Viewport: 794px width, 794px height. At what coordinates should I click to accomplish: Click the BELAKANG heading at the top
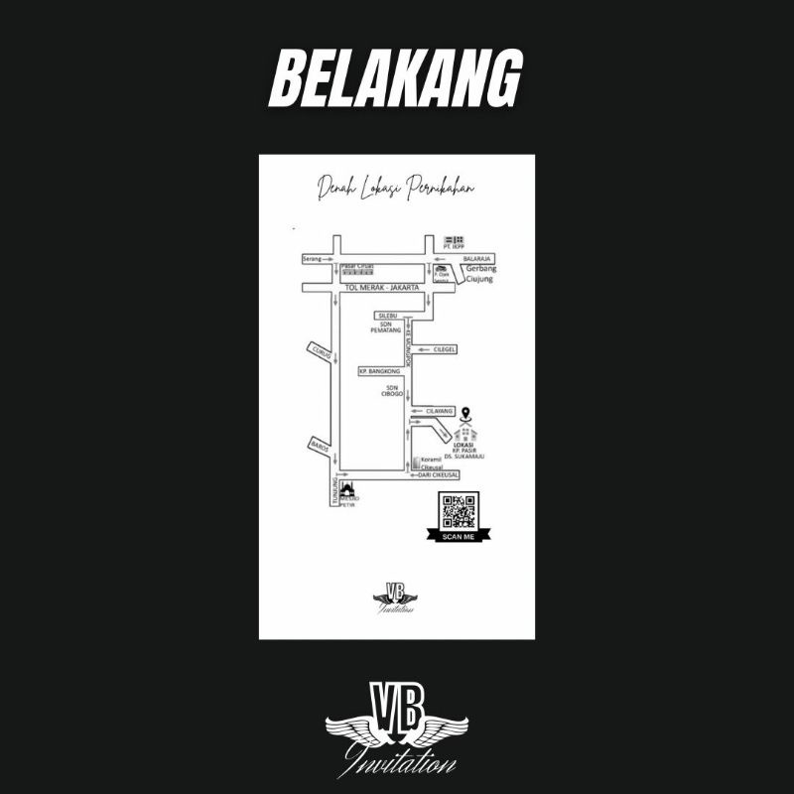(396, 79)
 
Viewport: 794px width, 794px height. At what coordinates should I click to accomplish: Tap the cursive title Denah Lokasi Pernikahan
(396, 189)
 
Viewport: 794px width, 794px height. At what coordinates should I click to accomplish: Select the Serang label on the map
(314, 259)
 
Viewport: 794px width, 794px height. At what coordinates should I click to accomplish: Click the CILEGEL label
(444, 348)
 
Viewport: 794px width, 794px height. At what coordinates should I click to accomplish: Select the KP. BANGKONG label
(378, 370)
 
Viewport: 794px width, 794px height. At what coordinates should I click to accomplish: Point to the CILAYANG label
(439, 410)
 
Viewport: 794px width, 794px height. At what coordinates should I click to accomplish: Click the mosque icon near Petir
(348, 489)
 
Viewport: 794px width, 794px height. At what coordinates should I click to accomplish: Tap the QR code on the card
(460, 511)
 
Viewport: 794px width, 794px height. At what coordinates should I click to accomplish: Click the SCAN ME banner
(459, 536)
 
